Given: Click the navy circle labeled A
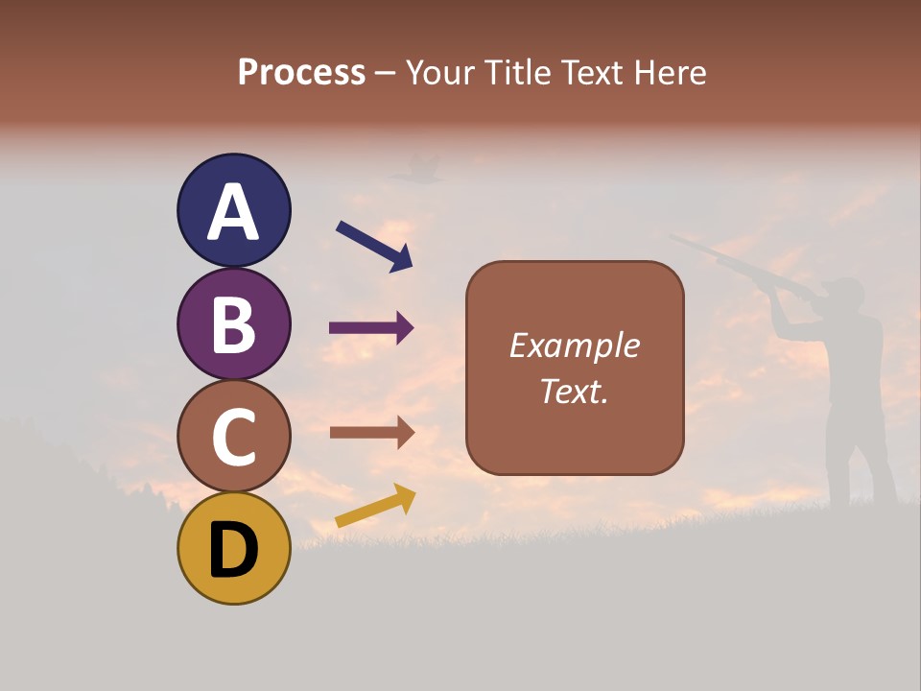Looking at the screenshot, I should click(233, 211).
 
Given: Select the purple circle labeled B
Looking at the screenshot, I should click(233, 324).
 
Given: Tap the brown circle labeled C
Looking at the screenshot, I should click(233, 436).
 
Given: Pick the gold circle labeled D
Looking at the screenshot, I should click(233, 548).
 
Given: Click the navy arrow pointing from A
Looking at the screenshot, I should click(374, 245).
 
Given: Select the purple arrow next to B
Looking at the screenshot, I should click(371, 328).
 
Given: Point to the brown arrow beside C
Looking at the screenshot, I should click(371, 432).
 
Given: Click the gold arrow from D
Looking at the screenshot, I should click(375, 506).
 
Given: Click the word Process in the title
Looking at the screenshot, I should click(301, 72).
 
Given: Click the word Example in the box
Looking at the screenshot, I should click(574, 345).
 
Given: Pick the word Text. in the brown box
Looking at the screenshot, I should click(574, 391).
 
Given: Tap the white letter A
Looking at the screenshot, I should click(233, 212).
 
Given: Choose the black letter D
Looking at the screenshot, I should click(233, 550).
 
